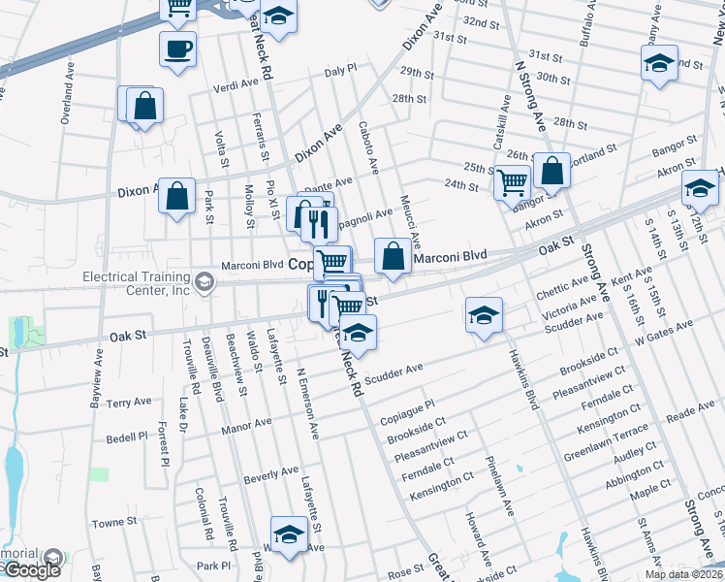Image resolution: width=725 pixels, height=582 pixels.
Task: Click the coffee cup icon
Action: pyautogui.click(x=178, y=49)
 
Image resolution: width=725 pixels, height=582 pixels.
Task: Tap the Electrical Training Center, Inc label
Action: pyautogui.click(x=136, y=283)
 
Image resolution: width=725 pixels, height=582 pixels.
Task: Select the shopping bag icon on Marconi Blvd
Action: pyautogui.click(x=393, y=257)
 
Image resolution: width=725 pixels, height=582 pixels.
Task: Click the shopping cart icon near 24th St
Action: pyautogui.click(x=511, y=180)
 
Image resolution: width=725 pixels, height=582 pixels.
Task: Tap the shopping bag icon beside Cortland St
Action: pyautogui.click(x=552, y=172)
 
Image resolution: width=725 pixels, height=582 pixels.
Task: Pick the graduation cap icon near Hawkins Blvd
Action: pyautogui.click(x=483, y=316)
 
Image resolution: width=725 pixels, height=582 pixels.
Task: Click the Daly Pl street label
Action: pyautogui.click(x=341, y=71)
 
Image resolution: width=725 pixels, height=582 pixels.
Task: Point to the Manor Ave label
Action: pyautogui.click(x=246, y=424)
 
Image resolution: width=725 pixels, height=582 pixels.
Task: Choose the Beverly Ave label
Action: pyautogui.click(x=270, y=475)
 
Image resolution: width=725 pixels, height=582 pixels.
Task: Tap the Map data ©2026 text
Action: pyautogui.click(x=681, y=574)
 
